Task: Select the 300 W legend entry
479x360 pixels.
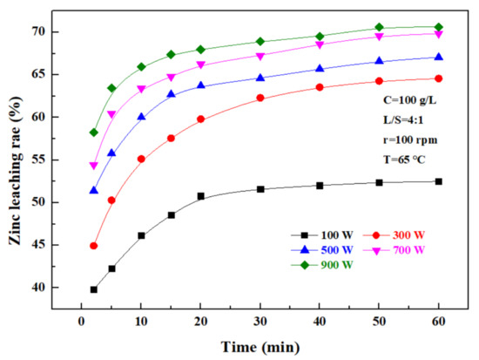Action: pyautogui.click(x=396, y=234)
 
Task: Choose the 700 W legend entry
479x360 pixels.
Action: pyautogui.click(x=396, y=250)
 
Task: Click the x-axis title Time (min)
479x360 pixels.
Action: pyautogui.click(x=261, y=346)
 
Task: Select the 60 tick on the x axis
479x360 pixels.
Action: pyautogui.click(x=438, y=318)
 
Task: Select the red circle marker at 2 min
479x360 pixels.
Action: pyautogui.click(x=93, y=246)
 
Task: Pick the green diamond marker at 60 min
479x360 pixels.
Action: pyautogui.click(x=438, y=27)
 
